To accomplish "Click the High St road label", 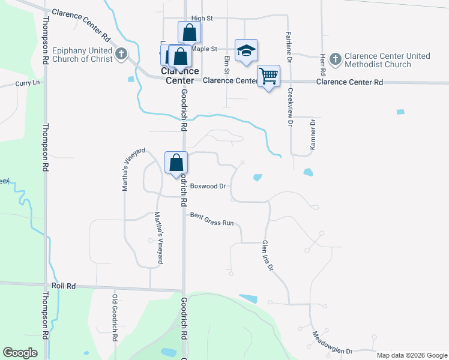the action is point(202,19).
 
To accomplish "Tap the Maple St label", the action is point(205,49).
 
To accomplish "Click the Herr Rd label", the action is point(322,60).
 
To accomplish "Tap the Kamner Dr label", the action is point(313,135).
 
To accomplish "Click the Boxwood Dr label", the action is point(208,186).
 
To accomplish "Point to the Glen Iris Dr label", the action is point(267,256).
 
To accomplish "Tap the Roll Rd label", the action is point(63,286).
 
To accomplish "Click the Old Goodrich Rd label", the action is point(114,318).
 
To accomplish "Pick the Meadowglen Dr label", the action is point(331,343).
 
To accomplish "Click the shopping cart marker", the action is point(268,76).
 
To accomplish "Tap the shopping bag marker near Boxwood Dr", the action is point(176,163).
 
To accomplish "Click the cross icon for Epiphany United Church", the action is point(121,54).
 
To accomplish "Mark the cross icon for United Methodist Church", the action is point(336,59).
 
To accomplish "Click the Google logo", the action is point(20,352).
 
